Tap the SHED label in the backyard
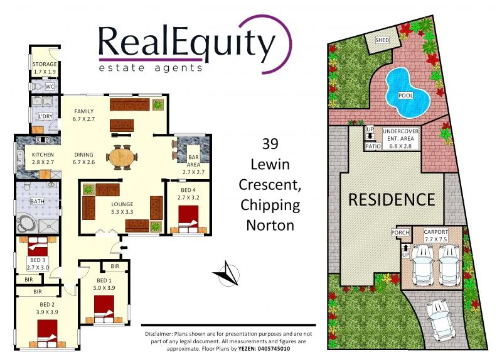point(382,40)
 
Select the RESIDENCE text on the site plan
point(391,200)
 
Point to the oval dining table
point(120,157)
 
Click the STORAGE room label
point(45,64)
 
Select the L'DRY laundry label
point(45,117)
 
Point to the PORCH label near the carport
point(400,233)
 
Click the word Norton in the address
point(270,224)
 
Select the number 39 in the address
point(270,144)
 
